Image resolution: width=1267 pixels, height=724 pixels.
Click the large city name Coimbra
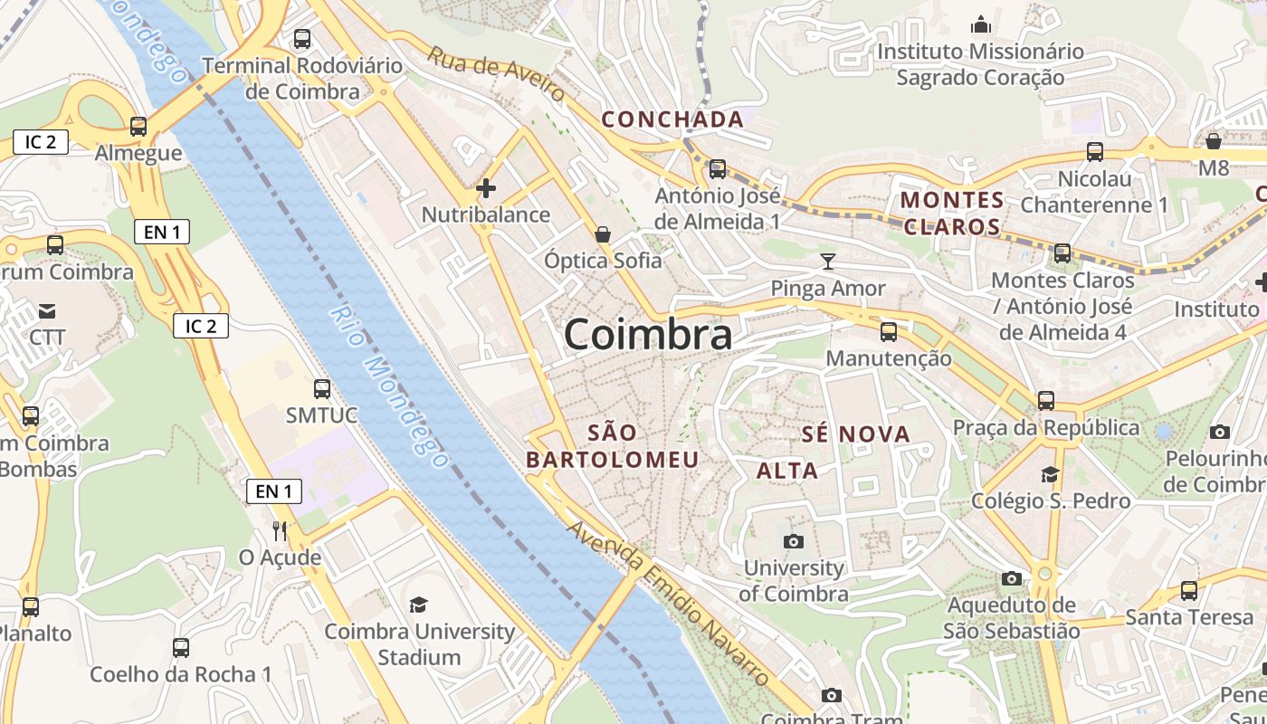pyautogui.click(x=648, y=335)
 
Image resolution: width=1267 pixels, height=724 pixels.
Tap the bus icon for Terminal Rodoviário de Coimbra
pyautogui.click(x=302, y=40)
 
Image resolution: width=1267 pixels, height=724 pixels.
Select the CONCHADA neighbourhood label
pyautogui.click(x=672, y=119)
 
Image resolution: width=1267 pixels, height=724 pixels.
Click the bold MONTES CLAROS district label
pyautogui.click(x=952, y=213)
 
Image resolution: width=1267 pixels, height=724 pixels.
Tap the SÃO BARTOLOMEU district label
pyautogui.click(x=613, y=446)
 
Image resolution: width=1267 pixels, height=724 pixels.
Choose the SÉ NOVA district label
pyautogui.click(x=855, y=434)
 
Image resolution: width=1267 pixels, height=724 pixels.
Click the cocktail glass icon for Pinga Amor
pyautogui.click(x=827, y=262)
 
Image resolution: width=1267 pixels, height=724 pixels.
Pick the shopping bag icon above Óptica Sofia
pyautogui.click(x=603, y=234)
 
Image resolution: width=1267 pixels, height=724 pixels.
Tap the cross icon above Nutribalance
pyautogui.click(x=486, y=188)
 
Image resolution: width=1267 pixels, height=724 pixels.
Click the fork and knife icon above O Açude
pyautogui.click(x=280, y=530)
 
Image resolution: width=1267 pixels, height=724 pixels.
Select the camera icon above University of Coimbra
pyautogui.click(x=794, y=541)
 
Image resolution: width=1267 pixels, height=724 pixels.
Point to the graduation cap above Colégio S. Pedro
pyautogui.click(x=1050, y=474)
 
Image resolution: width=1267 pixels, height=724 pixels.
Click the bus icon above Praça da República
pyautogui.click(x=1046, y=400)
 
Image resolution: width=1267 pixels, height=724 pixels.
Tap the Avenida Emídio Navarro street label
pyautogui.click(x=669, y=603)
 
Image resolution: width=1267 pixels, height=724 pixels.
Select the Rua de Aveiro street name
pyautogui.click(x=496, y=74)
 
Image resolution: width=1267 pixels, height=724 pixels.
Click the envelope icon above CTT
pyautogui.click(x=47, y=311)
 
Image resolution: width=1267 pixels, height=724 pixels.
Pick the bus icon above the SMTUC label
pyautogui.click(x=321, y=389)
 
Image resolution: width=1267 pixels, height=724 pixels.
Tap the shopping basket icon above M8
pyautogui.click(x=1214, y=141)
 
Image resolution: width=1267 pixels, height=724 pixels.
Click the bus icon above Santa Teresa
pyautogui.click(x=1189, y=591)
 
